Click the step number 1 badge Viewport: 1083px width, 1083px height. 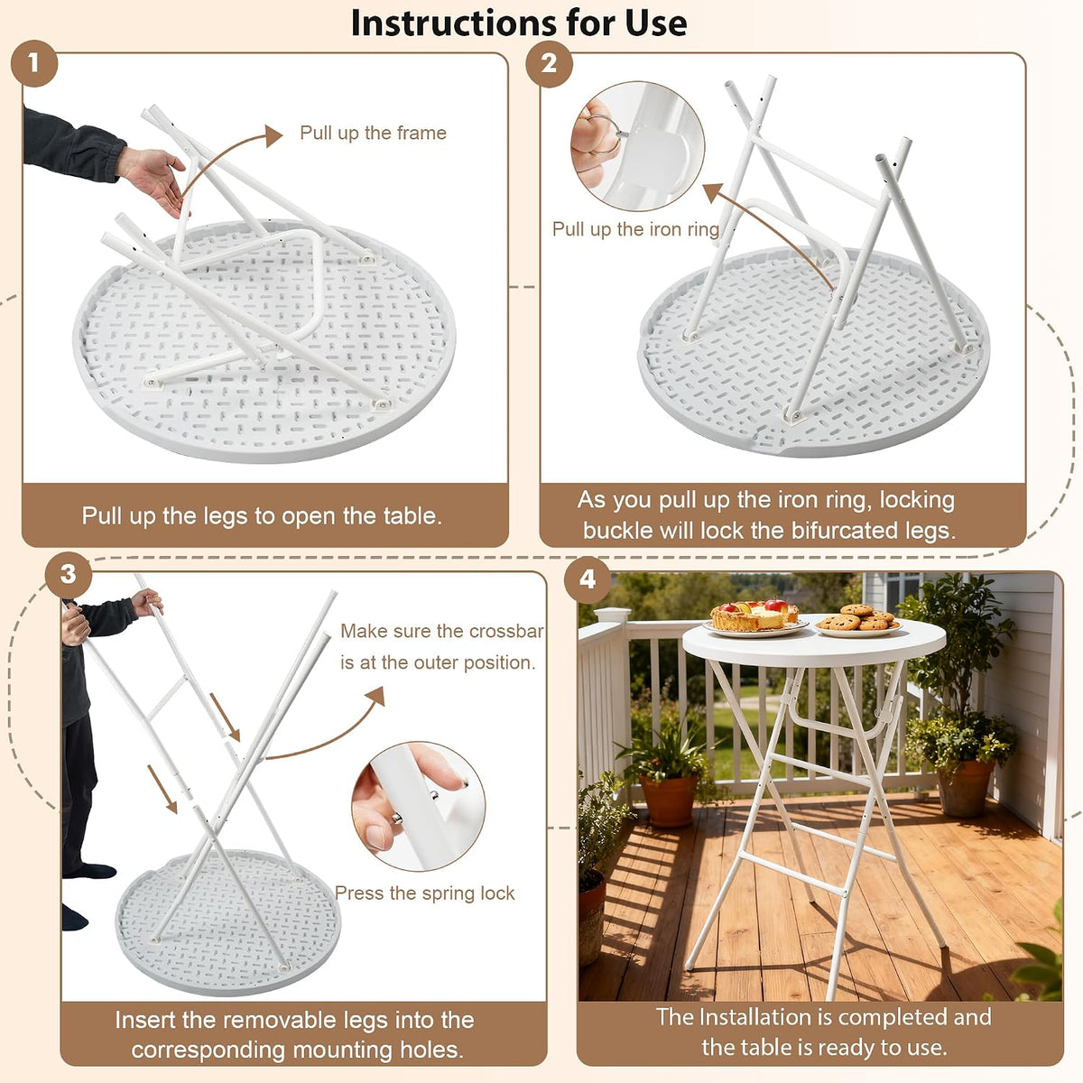point(33,63)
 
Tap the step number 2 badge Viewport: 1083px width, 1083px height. point(549,63)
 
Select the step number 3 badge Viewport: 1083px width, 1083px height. point(68,574)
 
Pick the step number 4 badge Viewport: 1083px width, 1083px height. point(588,579)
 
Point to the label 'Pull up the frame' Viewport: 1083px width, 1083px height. point(373,133)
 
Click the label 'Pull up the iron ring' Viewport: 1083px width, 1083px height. point(635,229)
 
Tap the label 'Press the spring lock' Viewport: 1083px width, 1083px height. point(425,893)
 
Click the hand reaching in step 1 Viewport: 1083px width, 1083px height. point(153,180)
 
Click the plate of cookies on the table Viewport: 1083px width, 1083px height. point(858,621)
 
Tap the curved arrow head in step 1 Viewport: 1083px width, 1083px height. point(273,136)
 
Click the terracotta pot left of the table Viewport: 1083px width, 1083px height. point(669,801)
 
